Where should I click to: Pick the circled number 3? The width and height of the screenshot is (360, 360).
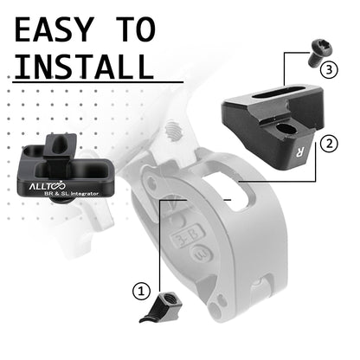pyautogui.click(x=330, y=67)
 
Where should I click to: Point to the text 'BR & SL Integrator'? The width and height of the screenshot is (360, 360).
pyautogui.click(x=71, y=196)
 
